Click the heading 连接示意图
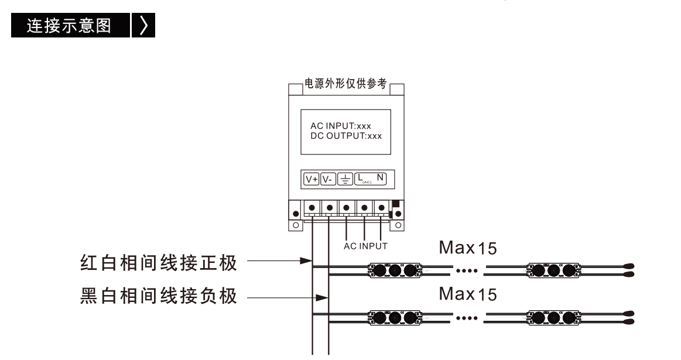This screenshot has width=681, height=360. coord(69,26)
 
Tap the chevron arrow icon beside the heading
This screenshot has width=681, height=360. coord(143,25)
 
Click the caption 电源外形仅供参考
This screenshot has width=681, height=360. coord(345,83)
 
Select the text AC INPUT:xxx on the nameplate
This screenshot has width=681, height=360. coord(341,126)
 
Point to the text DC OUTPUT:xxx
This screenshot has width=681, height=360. coord(346,136)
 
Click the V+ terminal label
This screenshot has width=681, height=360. coord(312,179)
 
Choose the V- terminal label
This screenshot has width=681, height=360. coord(328,179)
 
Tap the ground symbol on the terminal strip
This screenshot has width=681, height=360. coord(345,179)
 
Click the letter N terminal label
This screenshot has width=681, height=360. coord(380,177)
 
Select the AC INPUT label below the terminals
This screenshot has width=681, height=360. coord(365,246)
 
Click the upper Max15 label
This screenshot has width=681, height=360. coord(468,248)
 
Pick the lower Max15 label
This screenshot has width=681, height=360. coord(468,294)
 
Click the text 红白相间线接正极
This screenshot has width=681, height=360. coord(159,263)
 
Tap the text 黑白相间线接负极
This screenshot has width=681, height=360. coord(159,296)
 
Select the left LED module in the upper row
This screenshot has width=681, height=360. coord(394,270)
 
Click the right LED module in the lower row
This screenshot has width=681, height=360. coord(553,317)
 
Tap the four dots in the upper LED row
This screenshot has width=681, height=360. coord(467,271)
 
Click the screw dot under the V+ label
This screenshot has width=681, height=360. coord(312,208)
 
